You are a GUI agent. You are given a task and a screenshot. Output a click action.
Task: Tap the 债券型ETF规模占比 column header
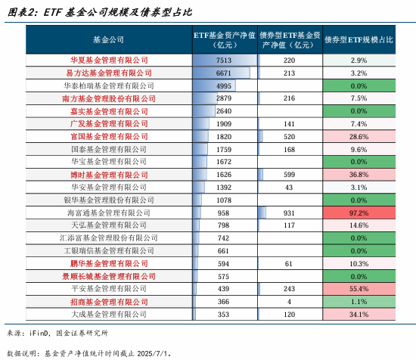point(359,39)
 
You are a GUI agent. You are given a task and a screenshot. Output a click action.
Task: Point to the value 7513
point(224,61)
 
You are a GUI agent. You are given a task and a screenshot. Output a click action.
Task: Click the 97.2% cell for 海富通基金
point(359,213)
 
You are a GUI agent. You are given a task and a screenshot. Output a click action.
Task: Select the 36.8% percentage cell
point(359,175)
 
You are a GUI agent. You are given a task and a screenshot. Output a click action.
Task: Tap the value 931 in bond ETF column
point(289,213)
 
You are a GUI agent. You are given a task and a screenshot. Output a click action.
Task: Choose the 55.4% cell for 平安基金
point(359,290)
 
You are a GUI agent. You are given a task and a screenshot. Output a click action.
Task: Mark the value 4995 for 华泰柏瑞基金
point(224,86)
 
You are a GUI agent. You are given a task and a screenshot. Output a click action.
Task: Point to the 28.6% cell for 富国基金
point(359,137)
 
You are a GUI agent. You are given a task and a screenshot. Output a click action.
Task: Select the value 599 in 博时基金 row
point(289,175)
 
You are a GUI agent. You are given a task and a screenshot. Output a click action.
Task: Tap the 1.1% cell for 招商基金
point(359,302)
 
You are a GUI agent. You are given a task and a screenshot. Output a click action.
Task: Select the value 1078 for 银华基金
point(224,200)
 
